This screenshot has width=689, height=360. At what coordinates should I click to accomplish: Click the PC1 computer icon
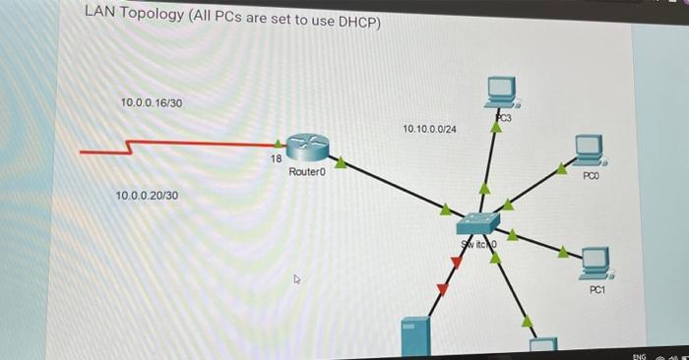(595, 261)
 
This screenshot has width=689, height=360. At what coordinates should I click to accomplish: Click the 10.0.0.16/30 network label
(151, 102)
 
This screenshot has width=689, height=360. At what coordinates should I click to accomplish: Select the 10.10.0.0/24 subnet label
(429, 129)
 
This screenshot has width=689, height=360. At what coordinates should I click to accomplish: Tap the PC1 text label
(598, 291)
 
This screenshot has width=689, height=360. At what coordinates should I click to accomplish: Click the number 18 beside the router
(276, 158)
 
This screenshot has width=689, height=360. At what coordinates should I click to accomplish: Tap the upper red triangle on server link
(456, 262)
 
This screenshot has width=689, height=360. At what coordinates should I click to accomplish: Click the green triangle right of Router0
(341, 161)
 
